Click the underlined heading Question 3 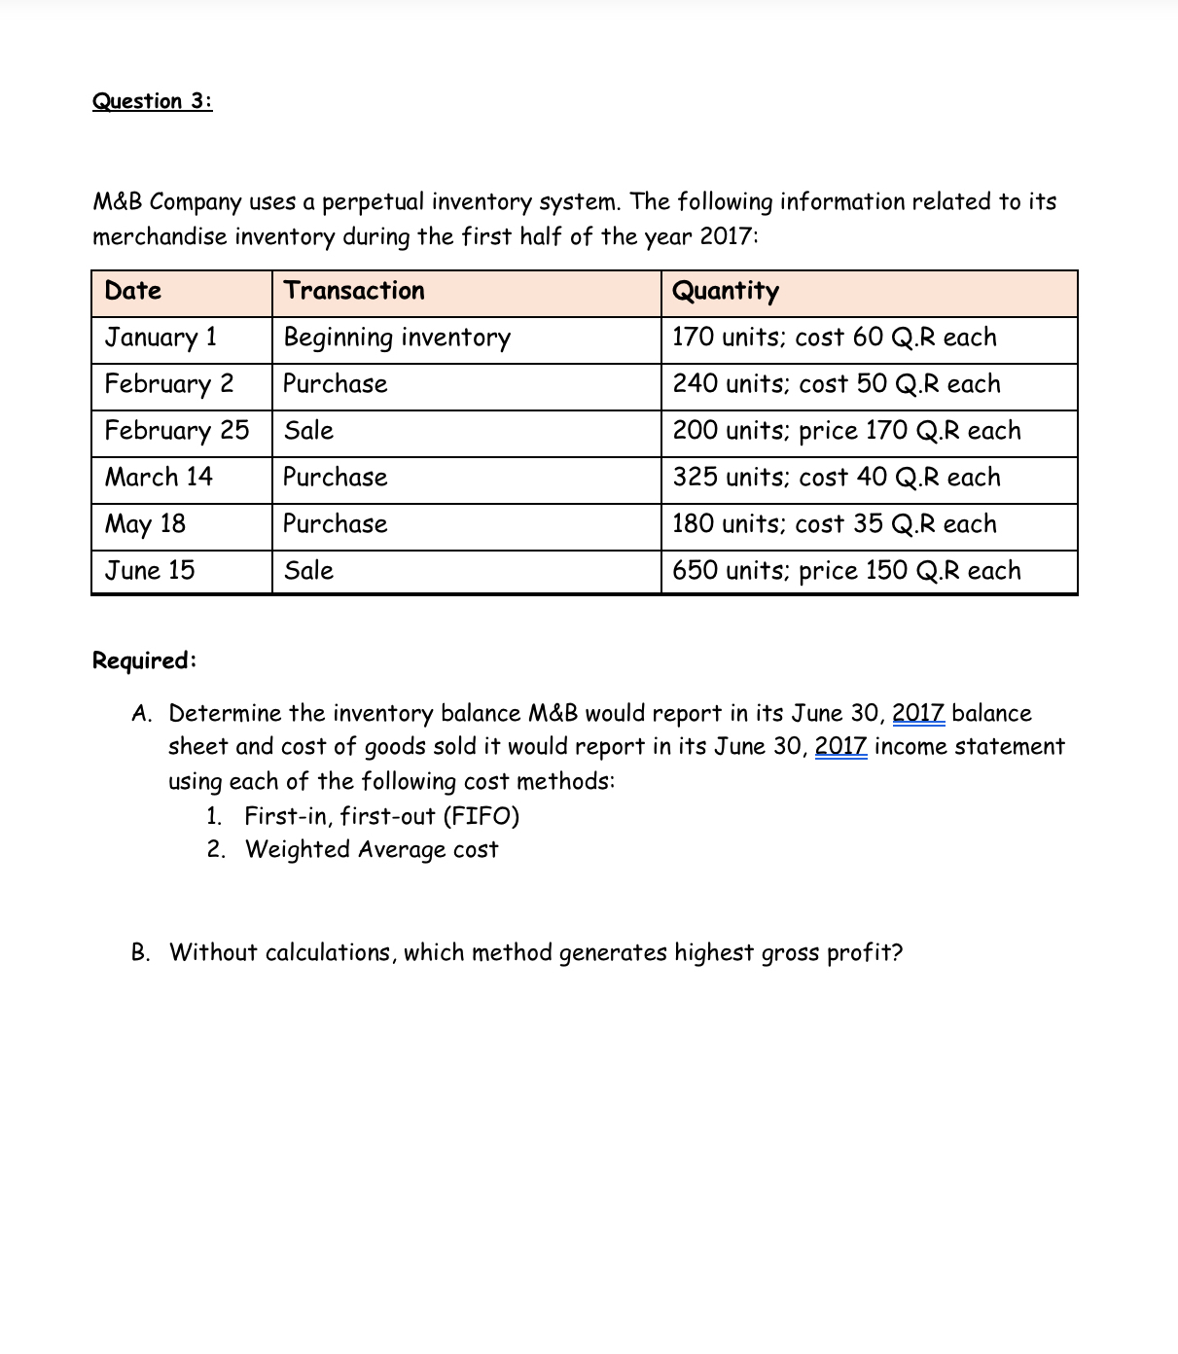click(x=152, y=101)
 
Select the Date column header click(x=133, y=291)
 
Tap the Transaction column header click(x=354, y=291)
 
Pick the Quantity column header click(x=726, y=291)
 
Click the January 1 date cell click(x=161, y=338)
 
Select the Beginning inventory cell click(x=397, y=338)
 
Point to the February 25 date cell click(x=177, y=431)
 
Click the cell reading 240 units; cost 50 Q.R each click(x=837, y=384)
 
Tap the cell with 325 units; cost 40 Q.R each click(x=837, y=478)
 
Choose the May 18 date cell click(x=145, y=524)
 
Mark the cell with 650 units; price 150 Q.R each click(x=846, y=571)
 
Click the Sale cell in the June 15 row click(x=308, y=571)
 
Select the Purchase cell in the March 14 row click(x=336, y=478)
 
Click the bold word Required click(x=144, y=660)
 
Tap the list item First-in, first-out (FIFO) click(x=381, y=816)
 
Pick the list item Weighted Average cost click(x=372, y=850)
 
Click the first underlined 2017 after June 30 click(x=918, y=713)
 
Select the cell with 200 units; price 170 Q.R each click(x=846, y=431)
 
